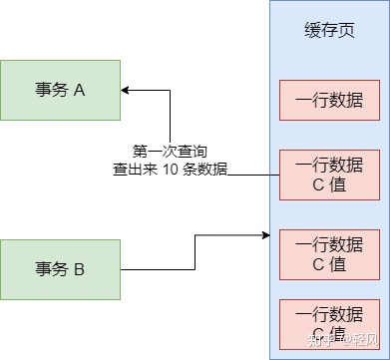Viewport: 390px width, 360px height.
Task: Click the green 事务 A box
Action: tap(60, 90)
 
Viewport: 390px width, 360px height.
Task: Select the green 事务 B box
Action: tap(60, 269)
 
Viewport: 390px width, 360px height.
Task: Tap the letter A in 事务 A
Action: tap(79, 90)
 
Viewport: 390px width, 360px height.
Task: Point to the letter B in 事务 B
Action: tap(79, 269)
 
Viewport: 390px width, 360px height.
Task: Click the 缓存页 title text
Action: tap(329, 31)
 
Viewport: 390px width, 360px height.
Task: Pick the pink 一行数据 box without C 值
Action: tap(329, 100)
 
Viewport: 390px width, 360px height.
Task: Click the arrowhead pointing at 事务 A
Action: tap(125, 90)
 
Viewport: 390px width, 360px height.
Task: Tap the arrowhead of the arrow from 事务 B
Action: tap(266, 235)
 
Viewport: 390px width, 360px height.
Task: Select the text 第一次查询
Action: tap(171, 152)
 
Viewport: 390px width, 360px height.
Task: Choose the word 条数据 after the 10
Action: tap(204, 170)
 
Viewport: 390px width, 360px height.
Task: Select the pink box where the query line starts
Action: tap(329, 175)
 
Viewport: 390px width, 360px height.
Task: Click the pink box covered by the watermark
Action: tap(329, 324)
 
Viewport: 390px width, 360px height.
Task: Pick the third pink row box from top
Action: tap(329, 254)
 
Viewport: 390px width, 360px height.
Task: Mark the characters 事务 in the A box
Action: tap(52, 90)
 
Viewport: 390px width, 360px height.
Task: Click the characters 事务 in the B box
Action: tap(52, 269)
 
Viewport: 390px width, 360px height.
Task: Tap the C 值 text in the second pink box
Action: tap(329, 184)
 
